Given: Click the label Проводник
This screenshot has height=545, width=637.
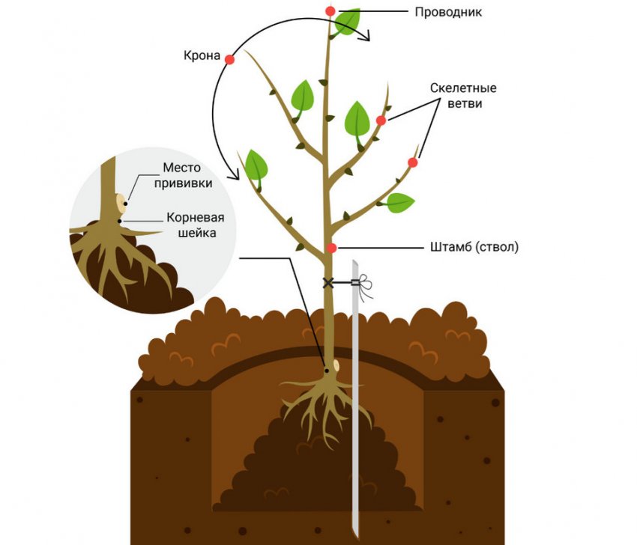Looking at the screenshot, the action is click(448, 12).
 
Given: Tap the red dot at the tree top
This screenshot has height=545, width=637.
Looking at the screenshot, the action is click(330, 11).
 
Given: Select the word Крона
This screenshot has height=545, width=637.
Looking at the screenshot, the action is click(202, 55).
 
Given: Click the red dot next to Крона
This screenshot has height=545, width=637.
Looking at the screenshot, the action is click(229, 60).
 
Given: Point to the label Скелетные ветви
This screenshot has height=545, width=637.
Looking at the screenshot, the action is click(464, 95).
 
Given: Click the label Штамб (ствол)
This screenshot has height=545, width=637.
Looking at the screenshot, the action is click(474, 247).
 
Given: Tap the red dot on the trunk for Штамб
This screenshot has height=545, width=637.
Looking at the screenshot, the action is click(332, 248).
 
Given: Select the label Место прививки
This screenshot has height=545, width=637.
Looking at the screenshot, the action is click(183, 175).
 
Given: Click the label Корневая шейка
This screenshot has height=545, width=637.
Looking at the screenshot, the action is click(196, 225).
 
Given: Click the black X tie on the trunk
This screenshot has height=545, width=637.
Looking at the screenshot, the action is click(327, 282).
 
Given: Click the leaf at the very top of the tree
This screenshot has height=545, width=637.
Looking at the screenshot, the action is click(347, 22).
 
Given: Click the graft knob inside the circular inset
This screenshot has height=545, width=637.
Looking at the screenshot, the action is click(121, 204).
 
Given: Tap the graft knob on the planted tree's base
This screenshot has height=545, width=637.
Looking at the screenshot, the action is click(336, 365).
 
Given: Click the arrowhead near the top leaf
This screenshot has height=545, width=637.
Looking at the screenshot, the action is click(366, 35).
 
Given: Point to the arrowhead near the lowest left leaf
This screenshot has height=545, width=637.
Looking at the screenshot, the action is click(234, 175).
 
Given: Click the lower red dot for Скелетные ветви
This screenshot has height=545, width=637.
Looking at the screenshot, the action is click(413, 162).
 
